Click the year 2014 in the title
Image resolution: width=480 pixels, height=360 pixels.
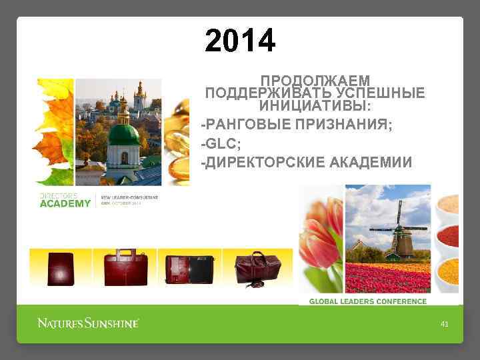pyautogui.click(x=240, y=41)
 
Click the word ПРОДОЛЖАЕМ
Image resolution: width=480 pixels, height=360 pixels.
pyautogui.click(x=315, y=81)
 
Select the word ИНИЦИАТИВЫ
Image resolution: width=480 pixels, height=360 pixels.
pyautogui.click(x=315, y=105)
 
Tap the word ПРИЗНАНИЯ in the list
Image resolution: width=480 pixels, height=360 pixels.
pyautogui.click(x=353, y=124)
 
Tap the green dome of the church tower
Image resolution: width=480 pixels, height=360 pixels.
pyautogui.click(x=123, y=133)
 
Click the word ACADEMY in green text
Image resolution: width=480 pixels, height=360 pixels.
pyautogui.click(x=65, y=204)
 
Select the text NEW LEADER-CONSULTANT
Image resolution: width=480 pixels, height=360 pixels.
pyautogui.click(x=131, y=198)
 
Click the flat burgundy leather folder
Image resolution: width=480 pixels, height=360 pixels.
pyautogui.click(x=61, y=267)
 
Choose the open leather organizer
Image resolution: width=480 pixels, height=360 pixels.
pyautogui.click(x=189, y=267)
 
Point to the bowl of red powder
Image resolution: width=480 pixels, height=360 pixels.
pyautogui.click(x=449, y=235)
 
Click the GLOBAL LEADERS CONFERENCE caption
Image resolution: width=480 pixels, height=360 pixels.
pyautogui.click(x=367, y=301)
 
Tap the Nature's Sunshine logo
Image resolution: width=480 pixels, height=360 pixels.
pyautogui.click(x=88, y=323)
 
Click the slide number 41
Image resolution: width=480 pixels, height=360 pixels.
pyautogui.click(x=445, y=324)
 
